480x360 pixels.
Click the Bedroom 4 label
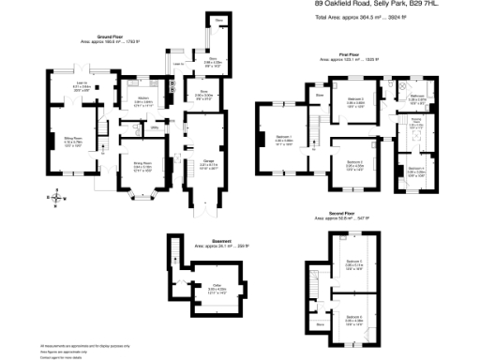tap(414, 168)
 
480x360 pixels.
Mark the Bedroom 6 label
tap(354, 318)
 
